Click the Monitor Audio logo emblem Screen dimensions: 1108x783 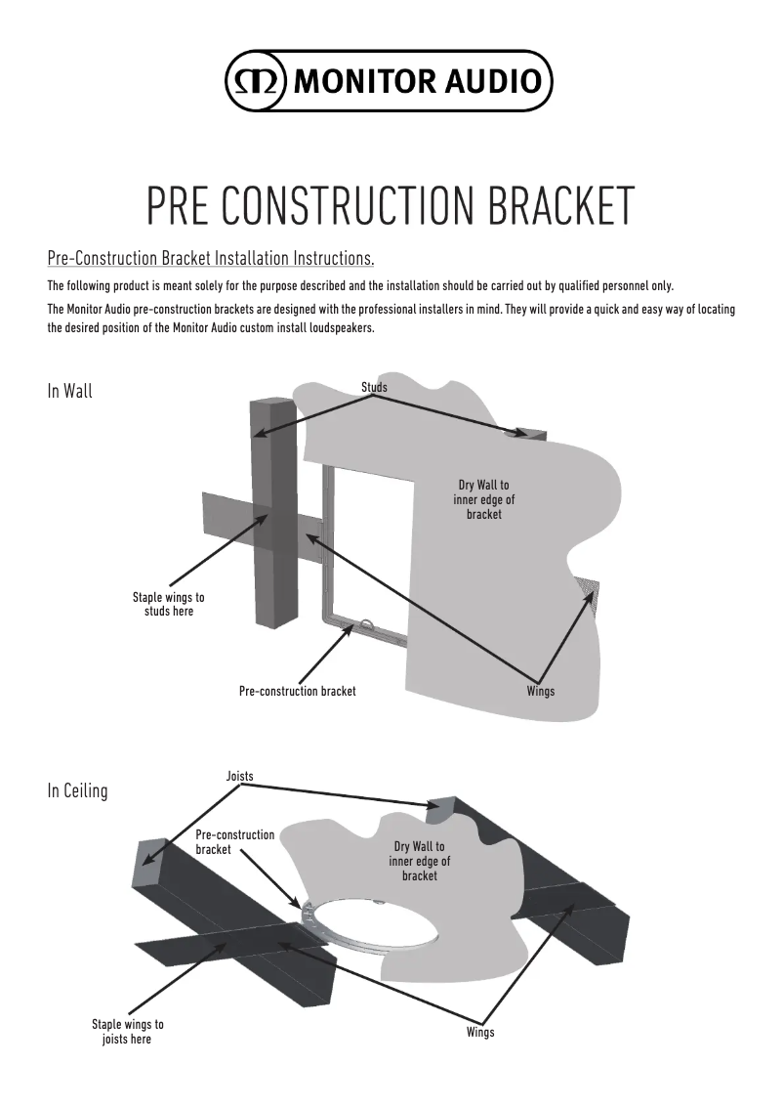pyautogui.click(x=254, y=79)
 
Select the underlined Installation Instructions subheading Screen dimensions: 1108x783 pyautogui.click(x=211, y=260)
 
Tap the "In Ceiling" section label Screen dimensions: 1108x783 pyautogui.click(x=77, y=790)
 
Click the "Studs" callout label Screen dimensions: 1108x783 pyautogui.click(x=374, y=388)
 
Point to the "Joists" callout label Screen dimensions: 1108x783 pyautogui.click(x=239, y=776)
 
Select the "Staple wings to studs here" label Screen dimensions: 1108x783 pyautogui.click(x=168, y=604)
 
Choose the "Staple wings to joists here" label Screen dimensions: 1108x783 pyautogui.click(x=128, y=1032)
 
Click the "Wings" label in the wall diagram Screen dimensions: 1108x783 pyautogui.click(x=540, y=691)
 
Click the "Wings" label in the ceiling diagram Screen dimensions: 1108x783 pyautogui.click(x=479, y=1033)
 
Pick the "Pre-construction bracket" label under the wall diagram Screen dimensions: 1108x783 pyautogui.click(x=297, y=691)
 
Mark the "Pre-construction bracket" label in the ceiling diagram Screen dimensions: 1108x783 pyautogui.click(x=234, y=842)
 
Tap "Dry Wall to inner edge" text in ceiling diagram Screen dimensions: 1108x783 pyautogui.click(x=419, y=861)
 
